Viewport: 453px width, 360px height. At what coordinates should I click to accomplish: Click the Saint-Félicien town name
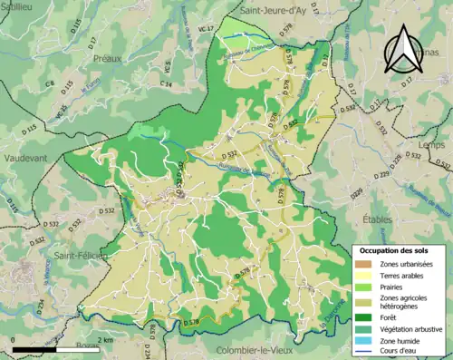click(x=80, y=257)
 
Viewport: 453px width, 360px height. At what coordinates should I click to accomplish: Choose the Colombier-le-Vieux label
click(x=257, y=350)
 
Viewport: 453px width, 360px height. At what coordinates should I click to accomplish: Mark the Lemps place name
click(x=423, y=144)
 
